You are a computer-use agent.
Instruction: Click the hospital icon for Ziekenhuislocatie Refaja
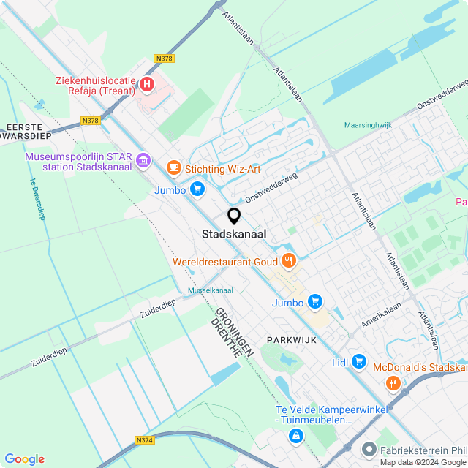click(147, 84)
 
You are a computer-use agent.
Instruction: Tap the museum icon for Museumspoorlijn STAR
click(142, 159)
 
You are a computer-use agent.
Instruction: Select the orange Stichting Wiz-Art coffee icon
click(173, 168)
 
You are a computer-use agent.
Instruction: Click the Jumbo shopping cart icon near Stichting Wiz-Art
click(197, 189)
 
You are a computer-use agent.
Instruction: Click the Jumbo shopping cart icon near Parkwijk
click(315, 301)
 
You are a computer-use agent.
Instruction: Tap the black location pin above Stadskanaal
click(234, 216)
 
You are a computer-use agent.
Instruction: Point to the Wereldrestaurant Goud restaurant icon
click(289, 260)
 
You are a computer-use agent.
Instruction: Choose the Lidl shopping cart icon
click(358, 361)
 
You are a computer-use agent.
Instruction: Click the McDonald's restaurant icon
click(393, 382)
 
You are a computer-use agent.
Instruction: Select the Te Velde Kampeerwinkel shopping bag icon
click(295, 436)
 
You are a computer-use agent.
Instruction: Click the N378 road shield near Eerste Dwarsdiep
click(91, 121)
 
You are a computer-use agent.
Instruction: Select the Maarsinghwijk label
click(369, 125)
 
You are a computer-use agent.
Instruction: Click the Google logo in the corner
click(24, 458)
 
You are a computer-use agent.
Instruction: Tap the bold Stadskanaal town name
click(234, 235)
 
